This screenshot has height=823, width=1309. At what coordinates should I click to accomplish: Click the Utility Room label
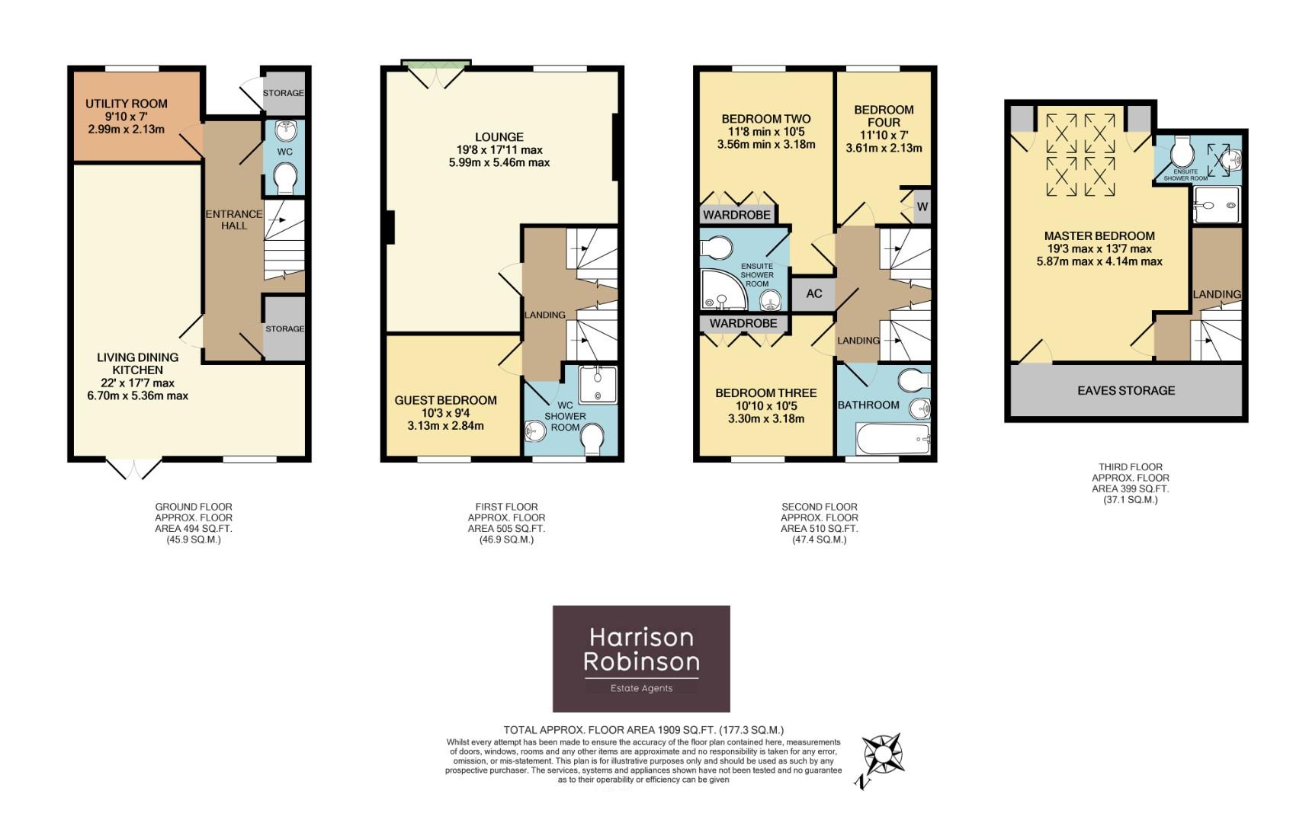pos(127,104)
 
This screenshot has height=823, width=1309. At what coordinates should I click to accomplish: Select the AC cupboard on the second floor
pos(813,293)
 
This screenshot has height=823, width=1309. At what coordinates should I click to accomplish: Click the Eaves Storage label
pos(1126,390)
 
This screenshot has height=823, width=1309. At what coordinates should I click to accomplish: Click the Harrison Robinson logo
pos(641,658)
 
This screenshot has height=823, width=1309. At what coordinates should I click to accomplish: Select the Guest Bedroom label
pos(445,400)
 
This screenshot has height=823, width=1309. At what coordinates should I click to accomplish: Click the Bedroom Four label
pos(884,116)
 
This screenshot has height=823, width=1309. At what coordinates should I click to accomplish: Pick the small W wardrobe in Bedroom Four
pos(922,207)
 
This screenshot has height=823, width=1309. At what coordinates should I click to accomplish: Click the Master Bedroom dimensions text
pos(1099,255)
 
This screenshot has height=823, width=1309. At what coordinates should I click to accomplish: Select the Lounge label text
pos(499,137)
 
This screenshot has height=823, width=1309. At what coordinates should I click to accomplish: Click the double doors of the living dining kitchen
pos(134,469)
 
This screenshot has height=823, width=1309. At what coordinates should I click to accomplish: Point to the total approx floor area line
pos(643,730)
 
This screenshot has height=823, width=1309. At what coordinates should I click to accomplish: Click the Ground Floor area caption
pos(194,523)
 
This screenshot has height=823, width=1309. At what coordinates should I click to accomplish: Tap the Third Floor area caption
pos(1130,483)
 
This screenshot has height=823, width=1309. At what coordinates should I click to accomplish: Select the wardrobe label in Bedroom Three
pos(743,323)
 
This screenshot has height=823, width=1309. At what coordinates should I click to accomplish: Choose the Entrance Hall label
pos(234,219)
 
